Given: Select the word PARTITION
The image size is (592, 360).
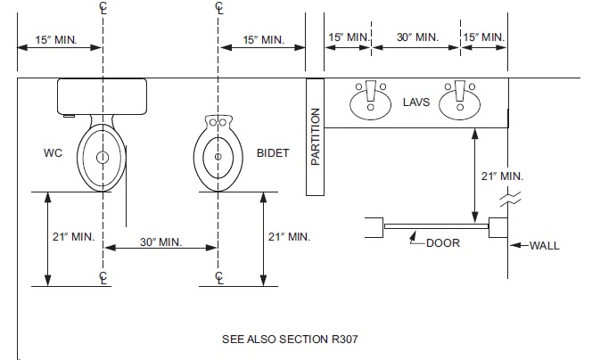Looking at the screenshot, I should click(x=316, y=137).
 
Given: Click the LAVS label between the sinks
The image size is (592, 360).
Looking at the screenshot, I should click(x=415, y=102).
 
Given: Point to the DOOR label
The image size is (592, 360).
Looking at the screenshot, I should click(x=443, y=242).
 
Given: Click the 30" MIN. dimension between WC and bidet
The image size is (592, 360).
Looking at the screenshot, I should click(x=160, y=242).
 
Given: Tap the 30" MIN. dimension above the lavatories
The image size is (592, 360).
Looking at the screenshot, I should click(x=416, y=37).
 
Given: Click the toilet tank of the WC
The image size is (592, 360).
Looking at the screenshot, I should click(x=102, y=95).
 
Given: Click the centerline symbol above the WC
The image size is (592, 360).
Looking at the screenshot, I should click(x=103, y=8).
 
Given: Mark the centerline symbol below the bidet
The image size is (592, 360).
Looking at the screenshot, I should click(x=219, y=277).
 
